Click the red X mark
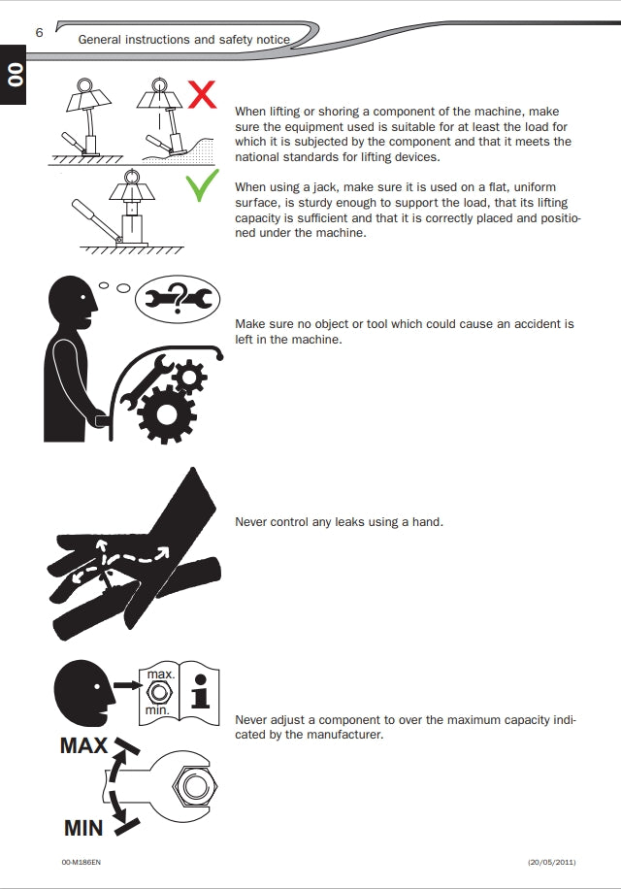point(202,95)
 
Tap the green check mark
point(202,184)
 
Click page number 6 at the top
point(39,32)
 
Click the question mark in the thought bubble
point(178,298)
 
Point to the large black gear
point(166,413)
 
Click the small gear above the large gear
point(188,377)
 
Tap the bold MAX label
point(83,745)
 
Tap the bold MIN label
point(83,828)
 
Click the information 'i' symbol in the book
point(200,691)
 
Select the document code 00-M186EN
point(82,862)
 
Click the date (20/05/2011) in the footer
point(551,862)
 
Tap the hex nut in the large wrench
point(195,786)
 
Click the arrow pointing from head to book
point(126,685)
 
